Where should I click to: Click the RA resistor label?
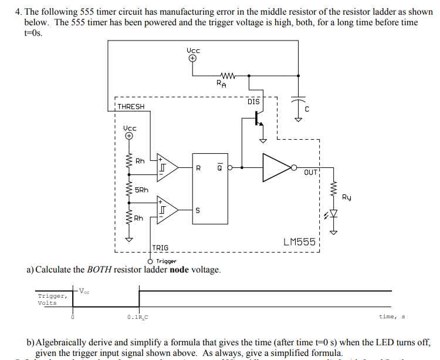pos(220,83)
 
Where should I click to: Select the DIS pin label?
pos(253,102)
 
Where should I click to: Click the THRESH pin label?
pos(131,106)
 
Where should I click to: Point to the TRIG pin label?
pos(160,248)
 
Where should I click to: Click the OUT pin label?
pos(311,172)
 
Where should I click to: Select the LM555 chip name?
pos(299,241)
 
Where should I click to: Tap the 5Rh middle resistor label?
pos(141,190)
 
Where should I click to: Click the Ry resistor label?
pos(347,198)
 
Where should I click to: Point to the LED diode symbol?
pos(334,214)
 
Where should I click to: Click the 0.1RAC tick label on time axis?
pos(138,318)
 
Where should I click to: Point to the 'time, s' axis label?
pos(392,317)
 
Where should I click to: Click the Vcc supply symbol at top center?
pos(193,57)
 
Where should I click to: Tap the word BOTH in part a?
pos(99,270)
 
